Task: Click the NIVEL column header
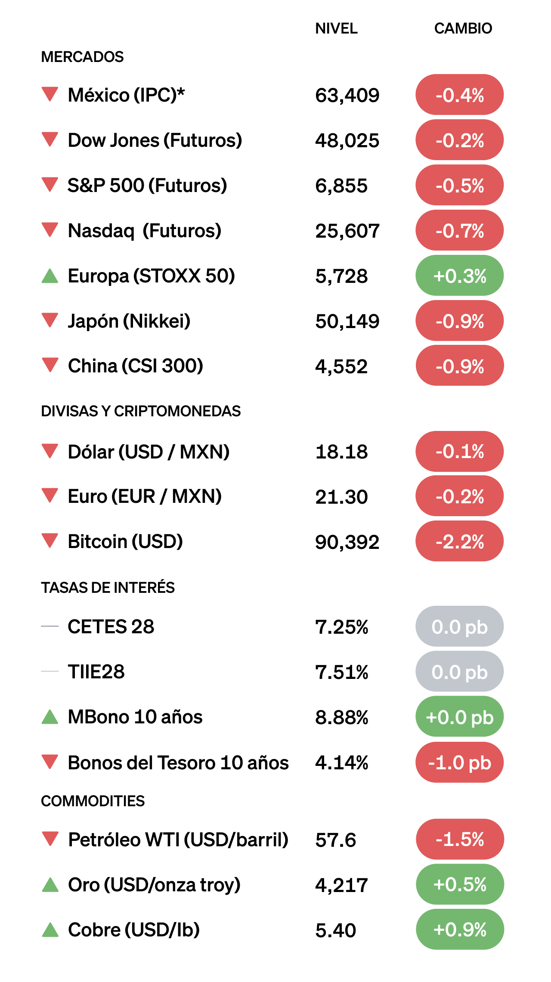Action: pyautogui.click(x=336, y=28)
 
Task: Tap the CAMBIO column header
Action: pyautogui.click(x=463, y=28)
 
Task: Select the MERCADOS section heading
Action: pyautogui.click(x=82, y=57)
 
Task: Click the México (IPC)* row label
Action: pyautogui.click(x=126, y=95)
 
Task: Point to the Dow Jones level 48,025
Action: pyautogui.click(x=347, y=140)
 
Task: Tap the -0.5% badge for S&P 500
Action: pyautogui.click(x=459, y=186)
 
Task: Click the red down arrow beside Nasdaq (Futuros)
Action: pyautogui.click(x=50, y=229)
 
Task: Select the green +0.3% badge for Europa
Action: pyautogui.click(x=459, y=276)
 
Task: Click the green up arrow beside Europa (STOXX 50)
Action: pyautogui.click(x=50, y=276)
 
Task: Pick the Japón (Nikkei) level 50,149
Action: pyautogui.click(x=347, y=321)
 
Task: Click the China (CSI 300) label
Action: pyautogui.click(x=135, y=366)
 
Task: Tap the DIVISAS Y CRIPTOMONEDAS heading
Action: pyautogui.click(x=141, y=411)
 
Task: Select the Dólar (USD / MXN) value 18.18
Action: pyautogui.click(x=341, y=452)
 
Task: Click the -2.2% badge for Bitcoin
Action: pyautogui.click(x=459, y=542)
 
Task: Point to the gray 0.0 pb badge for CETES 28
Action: pyautogui.click(x=459, y=627)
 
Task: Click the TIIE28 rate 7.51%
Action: pyautogui.click(x=341, y=672)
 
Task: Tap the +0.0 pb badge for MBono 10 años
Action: pyautogui.click(x=459, y=717)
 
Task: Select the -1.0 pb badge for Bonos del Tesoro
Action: pyautogui.click(x=459, y=762)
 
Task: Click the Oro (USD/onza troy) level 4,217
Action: pyautogui.click(x=341, y=885)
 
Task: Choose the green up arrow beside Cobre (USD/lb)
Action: pyautogui.click(x=50, y=930)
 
